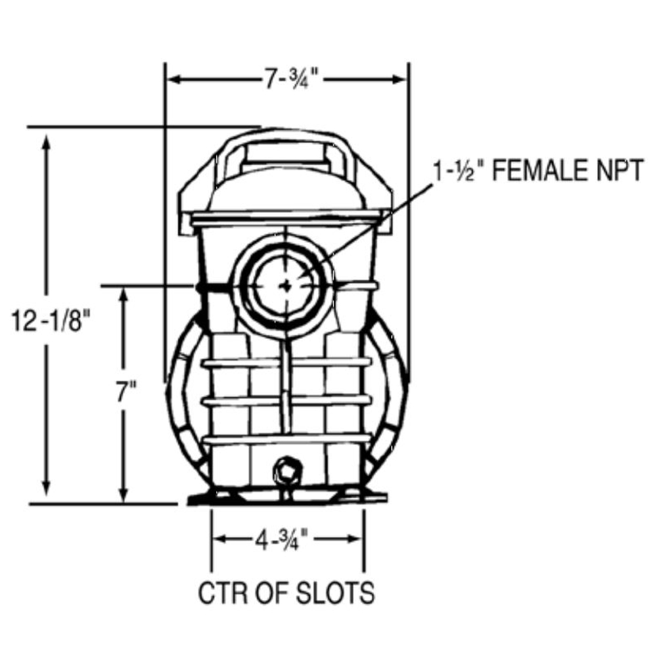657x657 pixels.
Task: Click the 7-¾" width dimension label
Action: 290,79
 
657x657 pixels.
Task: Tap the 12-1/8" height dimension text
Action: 51,321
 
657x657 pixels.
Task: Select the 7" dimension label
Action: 126,393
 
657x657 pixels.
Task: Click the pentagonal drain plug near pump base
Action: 288,472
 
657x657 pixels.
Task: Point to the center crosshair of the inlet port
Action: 286,286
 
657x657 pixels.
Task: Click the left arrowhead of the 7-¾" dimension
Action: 173,79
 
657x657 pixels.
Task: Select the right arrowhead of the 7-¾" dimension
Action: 400,79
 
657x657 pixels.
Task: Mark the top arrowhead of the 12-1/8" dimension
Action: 46,141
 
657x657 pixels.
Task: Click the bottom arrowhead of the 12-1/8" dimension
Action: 46,489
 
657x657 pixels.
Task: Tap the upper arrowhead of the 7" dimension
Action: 124,296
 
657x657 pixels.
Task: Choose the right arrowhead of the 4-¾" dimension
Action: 355,539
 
